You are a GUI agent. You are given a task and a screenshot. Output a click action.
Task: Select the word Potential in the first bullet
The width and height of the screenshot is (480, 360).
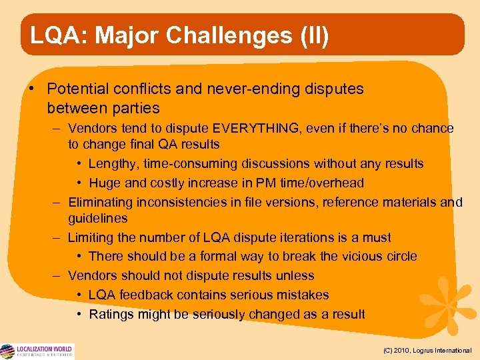click(81, 89)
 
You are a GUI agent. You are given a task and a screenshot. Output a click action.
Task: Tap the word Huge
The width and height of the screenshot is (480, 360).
click(103, 183)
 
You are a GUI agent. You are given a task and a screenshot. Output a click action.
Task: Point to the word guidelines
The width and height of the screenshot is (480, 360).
click(97, 218)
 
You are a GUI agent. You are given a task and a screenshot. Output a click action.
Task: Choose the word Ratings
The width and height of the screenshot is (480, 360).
click(113, 314)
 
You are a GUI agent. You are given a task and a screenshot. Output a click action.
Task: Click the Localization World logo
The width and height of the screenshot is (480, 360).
click(37, 351)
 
